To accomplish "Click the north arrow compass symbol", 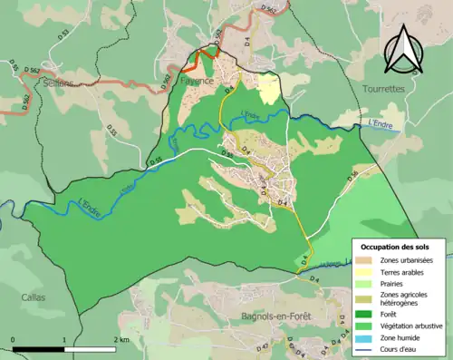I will [x=404, y=50].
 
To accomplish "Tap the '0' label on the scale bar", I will [x=14, y=340].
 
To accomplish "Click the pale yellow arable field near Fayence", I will [x=268, y=90].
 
